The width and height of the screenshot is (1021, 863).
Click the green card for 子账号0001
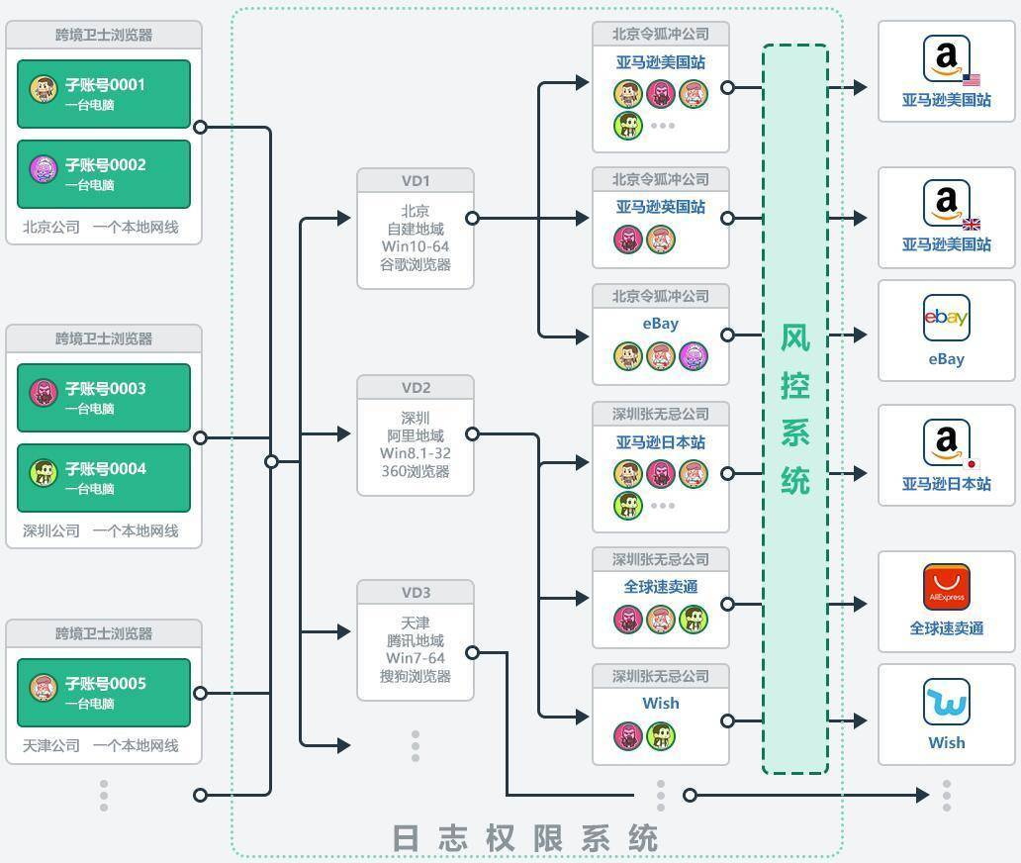[104, 94]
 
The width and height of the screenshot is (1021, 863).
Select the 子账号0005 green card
[104, 693]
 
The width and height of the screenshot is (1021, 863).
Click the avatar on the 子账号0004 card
[44, 473]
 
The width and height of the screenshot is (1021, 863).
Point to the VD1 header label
[416, 180]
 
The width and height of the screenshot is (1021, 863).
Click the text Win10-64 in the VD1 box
[416, 246]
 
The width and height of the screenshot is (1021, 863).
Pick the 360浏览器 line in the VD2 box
[416, 471]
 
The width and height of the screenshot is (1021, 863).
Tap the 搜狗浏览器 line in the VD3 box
[416, 676]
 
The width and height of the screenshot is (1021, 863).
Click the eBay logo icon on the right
[946, 318]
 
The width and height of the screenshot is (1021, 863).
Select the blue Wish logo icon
[946, 702]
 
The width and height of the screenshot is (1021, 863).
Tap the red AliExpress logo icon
[946, 587]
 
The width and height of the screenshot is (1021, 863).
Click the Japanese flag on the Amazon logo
[972, 464]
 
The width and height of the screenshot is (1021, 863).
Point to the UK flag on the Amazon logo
[972, 224]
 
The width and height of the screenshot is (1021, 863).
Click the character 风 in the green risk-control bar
[795, 338]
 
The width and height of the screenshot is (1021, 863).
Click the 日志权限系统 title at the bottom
[524, 838]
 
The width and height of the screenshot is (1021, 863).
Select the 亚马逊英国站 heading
[660, 207]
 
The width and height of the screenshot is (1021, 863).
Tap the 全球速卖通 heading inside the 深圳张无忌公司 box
[660, 586]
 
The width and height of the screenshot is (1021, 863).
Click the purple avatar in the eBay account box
[693, 356]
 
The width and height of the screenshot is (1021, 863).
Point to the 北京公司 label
[51, 227]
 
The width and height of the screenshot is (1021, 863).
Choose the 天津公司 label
[51, 745]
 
